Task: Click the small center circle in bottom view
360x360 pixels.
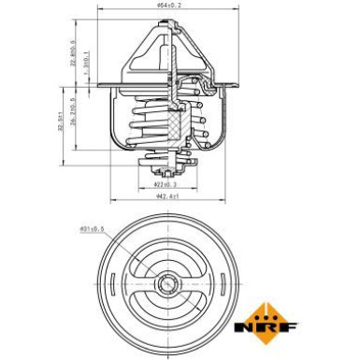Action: [168, 283]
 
